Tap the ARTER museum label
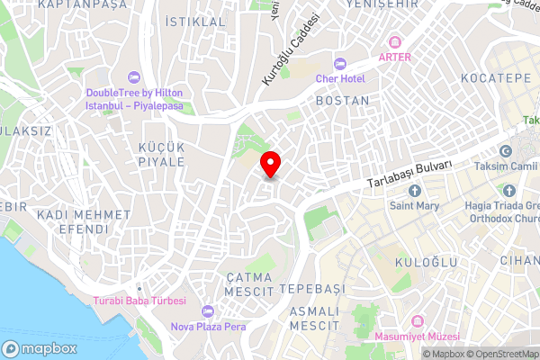tap(395, 57)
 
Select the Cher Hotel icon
tap(339, 64)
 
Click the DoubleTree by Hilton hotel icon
tap(133, 77)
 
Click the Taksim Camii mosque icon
tap(505, 151)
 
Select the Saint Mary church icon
tap(414, 190)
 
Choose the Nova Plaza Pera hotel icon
tap(209, 310)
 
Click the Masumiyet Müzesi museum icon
tap(417, 321)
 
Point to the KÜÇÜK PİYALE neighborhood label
tap(161, 154)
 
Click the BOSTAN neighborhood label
tap(343, 101)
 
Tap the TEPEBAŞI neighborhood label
tap(312, 289)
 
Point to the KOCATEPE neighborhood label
tap(497, 79)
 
